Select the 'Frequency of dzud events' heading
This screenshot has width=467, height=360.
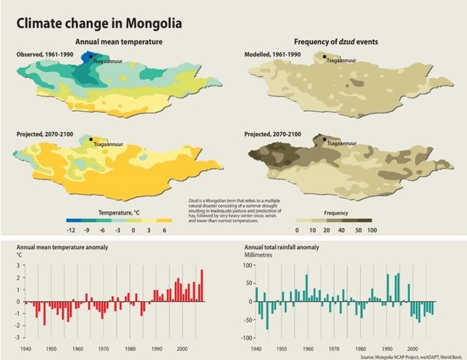click(x=337, y=43)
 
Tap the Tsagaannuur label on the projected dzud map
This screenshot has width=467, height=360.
click(x=343, y=144)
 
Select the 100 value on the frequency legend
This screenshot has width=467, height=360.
click(x=371, y=229)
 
